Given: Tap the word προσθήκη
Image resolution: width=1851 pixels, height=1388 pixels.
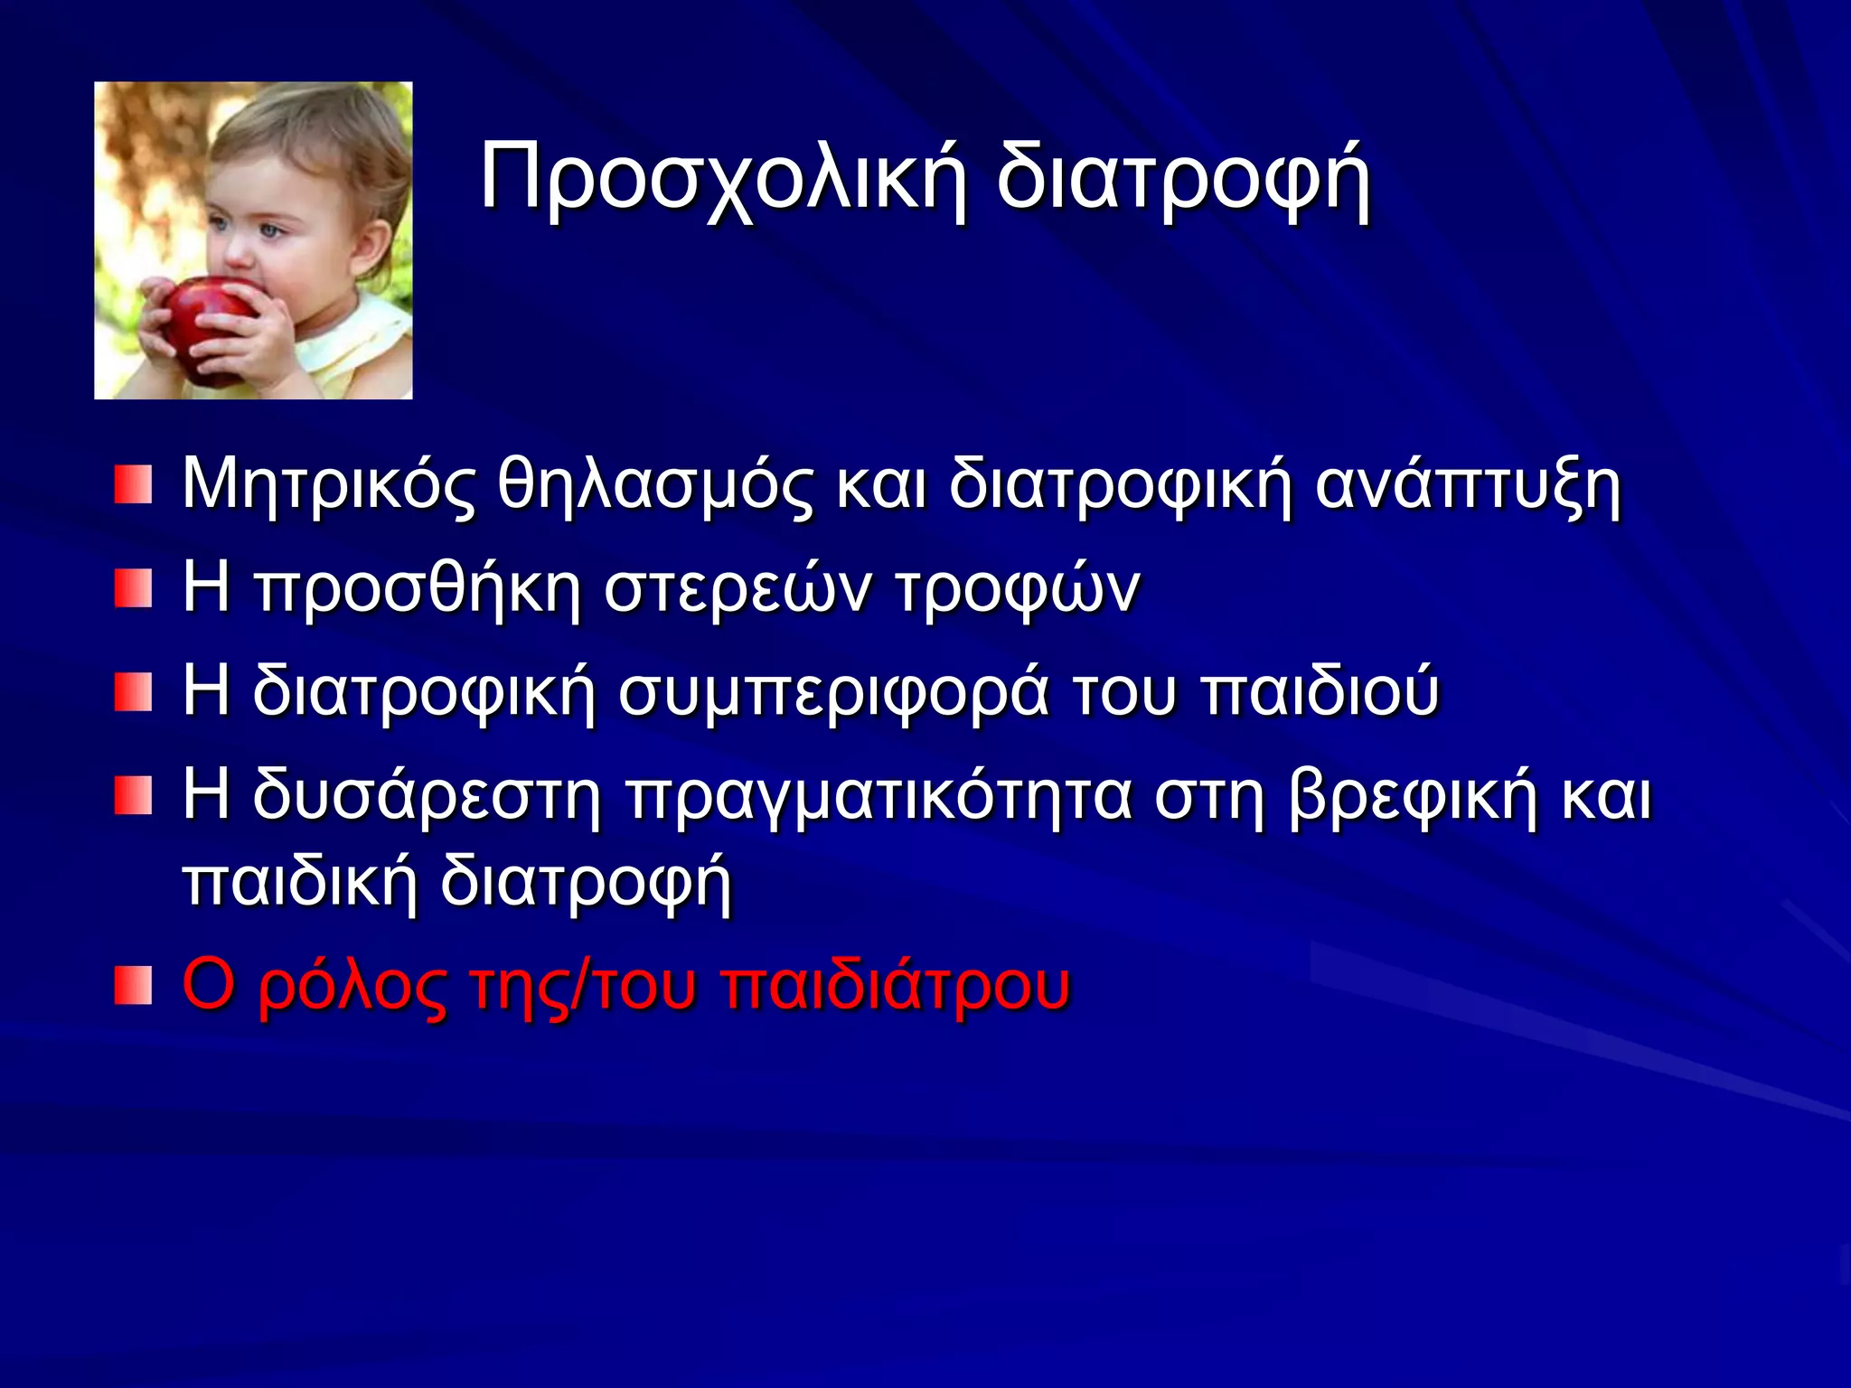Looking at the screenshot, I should (418, 589).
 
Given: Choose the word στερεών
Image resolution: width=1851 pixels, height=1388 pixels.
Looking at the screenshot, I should (737, 589).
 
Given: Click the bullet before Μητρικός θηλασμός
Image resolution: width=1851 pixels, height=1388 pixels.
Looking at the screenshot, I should (133, 485).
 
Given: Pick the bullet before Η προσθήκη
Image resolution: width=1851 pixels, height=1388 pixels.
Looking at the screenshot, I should (133, 589).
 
